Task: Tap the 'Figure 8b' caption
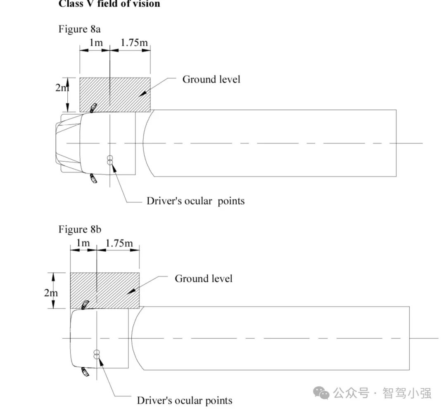(79, 229)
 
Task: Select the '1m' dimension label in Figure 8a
(96, 43)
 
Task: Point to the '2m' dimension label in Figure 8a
(62, 88)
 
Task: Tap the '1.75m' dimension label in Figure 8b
(119, 243)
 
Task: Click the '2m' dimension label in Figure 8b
(51, 293)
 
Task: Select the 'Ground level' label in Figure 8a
(211, 79)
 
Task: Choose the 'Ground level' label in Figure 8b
(204, 279)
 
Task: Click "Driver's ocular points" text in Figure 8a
(196, 201)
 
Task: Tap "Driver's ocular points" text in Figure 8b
(185, 400)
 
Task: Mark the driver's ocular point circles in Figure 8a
(110, 160)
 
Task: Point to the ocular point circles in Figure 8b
(97, 354)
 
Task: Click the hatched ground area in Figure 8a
(124, 94)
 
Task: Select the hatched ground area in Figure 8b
(111, 291)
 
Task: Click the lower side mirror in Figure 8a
(94, 179)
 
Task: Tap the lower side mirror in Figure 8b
(85, 372)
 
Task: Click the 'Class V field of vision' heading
(109, 4)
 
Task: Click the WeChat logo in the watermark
(322, 393)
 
